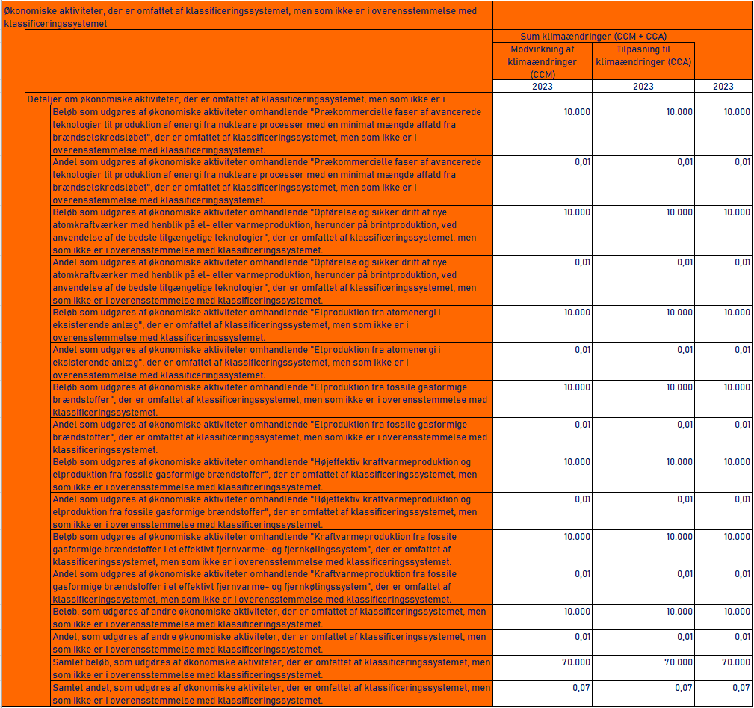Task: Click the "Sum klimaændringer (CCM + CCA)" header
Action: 593,36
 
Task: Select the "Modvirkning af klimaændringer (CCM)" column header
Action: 542,61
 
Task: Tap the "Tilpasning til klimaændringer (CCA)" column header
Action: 643,55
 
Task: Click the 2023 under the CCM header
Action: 542,87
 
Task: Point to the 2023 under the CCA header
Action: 643,87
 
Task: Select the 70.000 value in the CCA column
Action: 678,662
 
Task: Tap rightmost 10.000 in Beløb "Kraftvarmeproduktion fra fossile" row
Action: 736,537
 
